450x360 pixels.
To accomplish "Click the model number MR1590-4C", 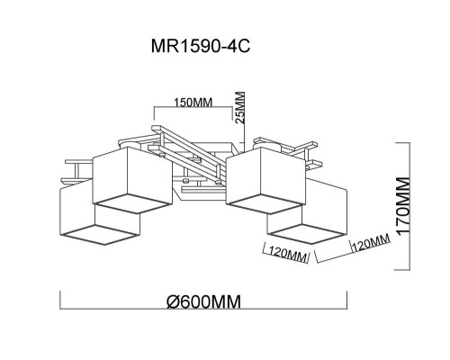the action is point(201,47).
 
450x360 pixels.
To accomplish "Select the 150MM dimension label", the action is point(193,103).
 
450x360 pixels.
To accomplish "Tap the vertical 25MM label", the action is point(240,107).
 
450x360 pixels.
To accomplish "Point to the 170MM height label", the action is point(402,205).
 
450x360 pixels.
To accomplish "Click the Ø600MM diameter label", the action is point(203,301).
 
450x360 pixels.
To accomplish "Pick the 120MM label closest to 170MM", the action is point(371,242).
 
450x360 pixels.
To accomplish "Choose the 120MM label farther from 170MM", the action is point(287,255).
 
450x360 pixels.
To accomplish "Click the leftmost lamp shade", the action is point(100,212).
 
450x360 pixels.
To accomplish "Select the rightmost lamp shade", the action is point(307,211).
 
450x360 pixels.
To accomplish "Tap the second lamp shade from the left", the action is point(132,180).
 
